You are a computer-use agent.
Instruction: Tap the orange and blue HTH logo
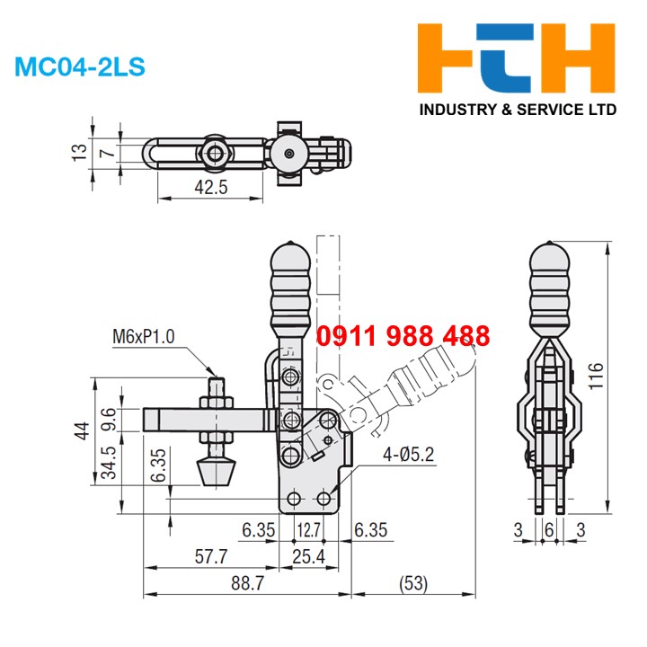click(518, 61)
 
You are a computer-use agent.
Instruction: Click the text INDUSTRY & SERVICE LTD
click(519, 111)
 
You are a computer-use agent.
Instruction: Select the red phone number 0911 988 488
click(403, 337)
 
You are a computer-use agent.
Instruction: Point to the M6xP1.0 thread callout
click(144, 337)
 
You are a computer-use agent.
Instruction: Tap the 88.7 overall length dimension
click(246, 583)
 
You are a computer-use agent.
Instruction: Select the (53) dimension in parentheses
click(413, 583)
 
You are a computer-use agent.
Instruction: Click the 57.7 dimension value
click(210, 556)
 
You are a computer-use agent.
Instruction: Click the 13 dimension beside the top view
click(81, 149)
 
